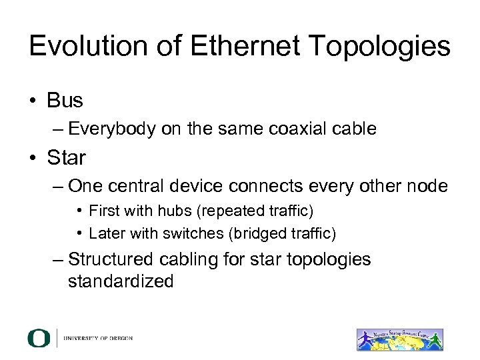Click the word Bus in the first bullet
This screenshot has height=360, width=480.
click(65, 101)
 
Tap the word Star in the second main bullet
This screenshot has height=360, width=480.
click(67, 158)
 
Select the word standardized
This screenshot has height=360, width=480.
click(121, 281)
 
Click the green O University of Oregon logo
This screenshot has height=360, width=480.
click(39, 338)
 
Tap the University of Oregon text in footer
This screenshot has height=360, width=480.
click(98, 338)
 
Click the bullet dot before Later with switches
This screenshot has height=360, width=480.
click(79, 233)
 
